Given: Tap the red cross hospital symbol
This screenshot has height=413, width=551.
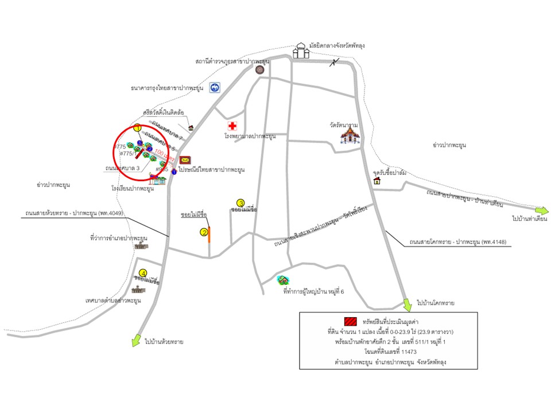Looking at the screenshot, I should pos(232,126).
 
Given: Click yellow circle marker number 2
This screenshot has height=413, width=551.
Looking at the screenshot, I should pos(204,232).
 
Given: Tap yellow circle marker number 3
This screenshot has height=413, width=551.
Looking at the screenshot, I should pos(241,203).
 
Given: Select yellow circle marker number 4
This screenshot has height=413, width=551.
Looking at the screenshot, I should pos(143,273).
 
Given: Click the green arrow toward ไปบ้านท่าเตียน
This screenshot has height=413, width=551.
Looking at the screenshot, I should pos(542,211).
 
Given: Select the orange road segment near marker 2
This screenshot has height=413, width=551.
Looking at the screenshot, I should pos(209,235).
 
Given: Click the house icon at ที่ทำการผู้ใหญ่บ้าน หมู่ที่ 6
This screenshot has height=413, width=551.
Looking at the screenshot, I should pos(282,280).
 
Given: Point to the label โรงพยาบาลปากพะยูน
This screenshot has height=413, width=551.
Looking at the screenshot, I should pos(250,137).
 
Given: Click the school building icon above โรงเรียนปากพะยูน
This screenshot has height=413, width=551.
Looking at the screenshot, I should pos(158,180).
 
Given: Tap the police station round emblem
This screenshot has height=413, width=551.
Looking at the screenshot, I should pos(259,69).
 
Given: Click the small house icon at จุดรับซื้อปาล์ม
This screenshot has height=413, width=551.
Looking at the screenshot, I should pos(378,181).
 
